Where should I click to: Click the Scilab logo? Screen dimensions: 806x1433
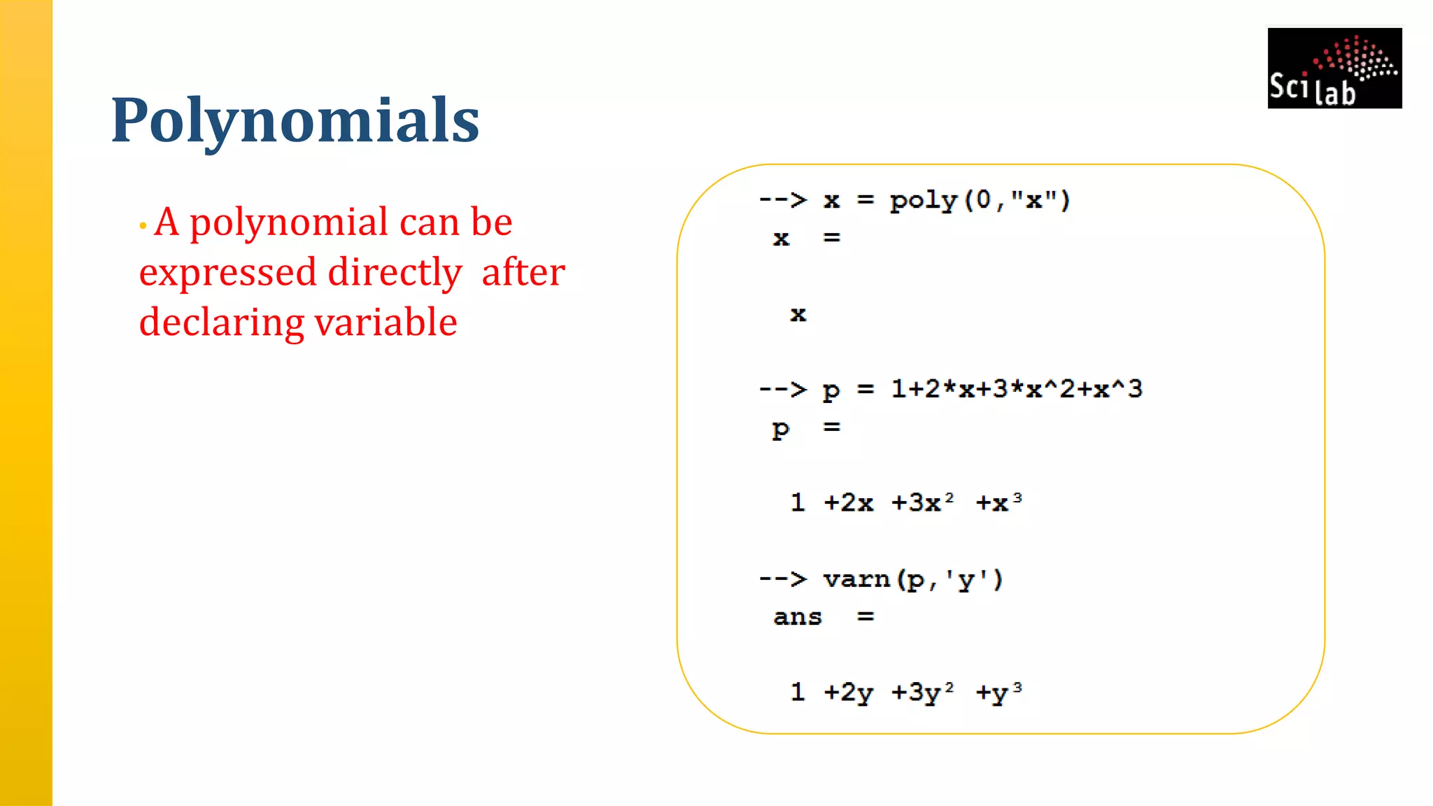(x=1334, y=68)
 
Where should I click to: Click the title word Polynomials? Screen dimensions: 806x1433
(x=295, y=120)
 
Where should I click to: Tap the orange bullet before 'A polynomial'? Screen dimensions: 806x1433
(x=143, y=226)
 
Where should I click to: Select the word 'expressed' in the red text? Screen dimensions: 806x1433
(x=227, y=273)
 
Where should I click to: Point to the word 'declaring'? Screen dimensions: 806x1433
(x=221, y=323)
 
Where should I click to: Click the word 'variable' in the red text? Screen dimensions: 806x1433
(x=386, y=322)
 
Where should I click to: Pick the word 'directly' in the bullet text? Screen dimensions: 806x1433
(x=395, y=273)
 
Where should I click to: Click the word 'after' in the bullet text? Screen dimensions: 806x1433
(x=523, y=272)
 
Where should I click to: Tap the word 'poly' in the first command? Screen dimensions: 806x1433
(x=923, y=201)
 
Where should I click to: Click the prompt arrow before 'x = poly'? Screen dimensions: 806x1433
(x=782, y=200)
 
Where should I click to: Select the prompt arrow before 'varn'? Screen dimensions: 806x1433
(x=782, y=579)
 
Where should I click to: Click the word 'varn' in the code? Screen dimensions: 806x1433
(x=856, y=579)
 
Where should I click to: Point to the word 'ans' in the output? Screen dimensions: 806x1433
(x=797, y=617)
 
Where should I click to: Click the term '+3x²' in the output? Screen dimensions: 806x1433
(x=922, y=502)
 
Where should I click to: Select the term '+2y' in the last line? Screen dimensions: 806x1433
(x=848, y=692)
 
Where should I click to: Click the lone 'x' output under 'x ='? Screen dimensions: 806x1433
(x=798, y=314)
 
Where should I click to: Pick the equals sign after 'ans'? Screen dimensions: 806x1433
(x=866, y=617)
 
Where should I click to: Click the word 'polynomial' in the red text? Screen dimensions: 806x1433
(x=289, y=222)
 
